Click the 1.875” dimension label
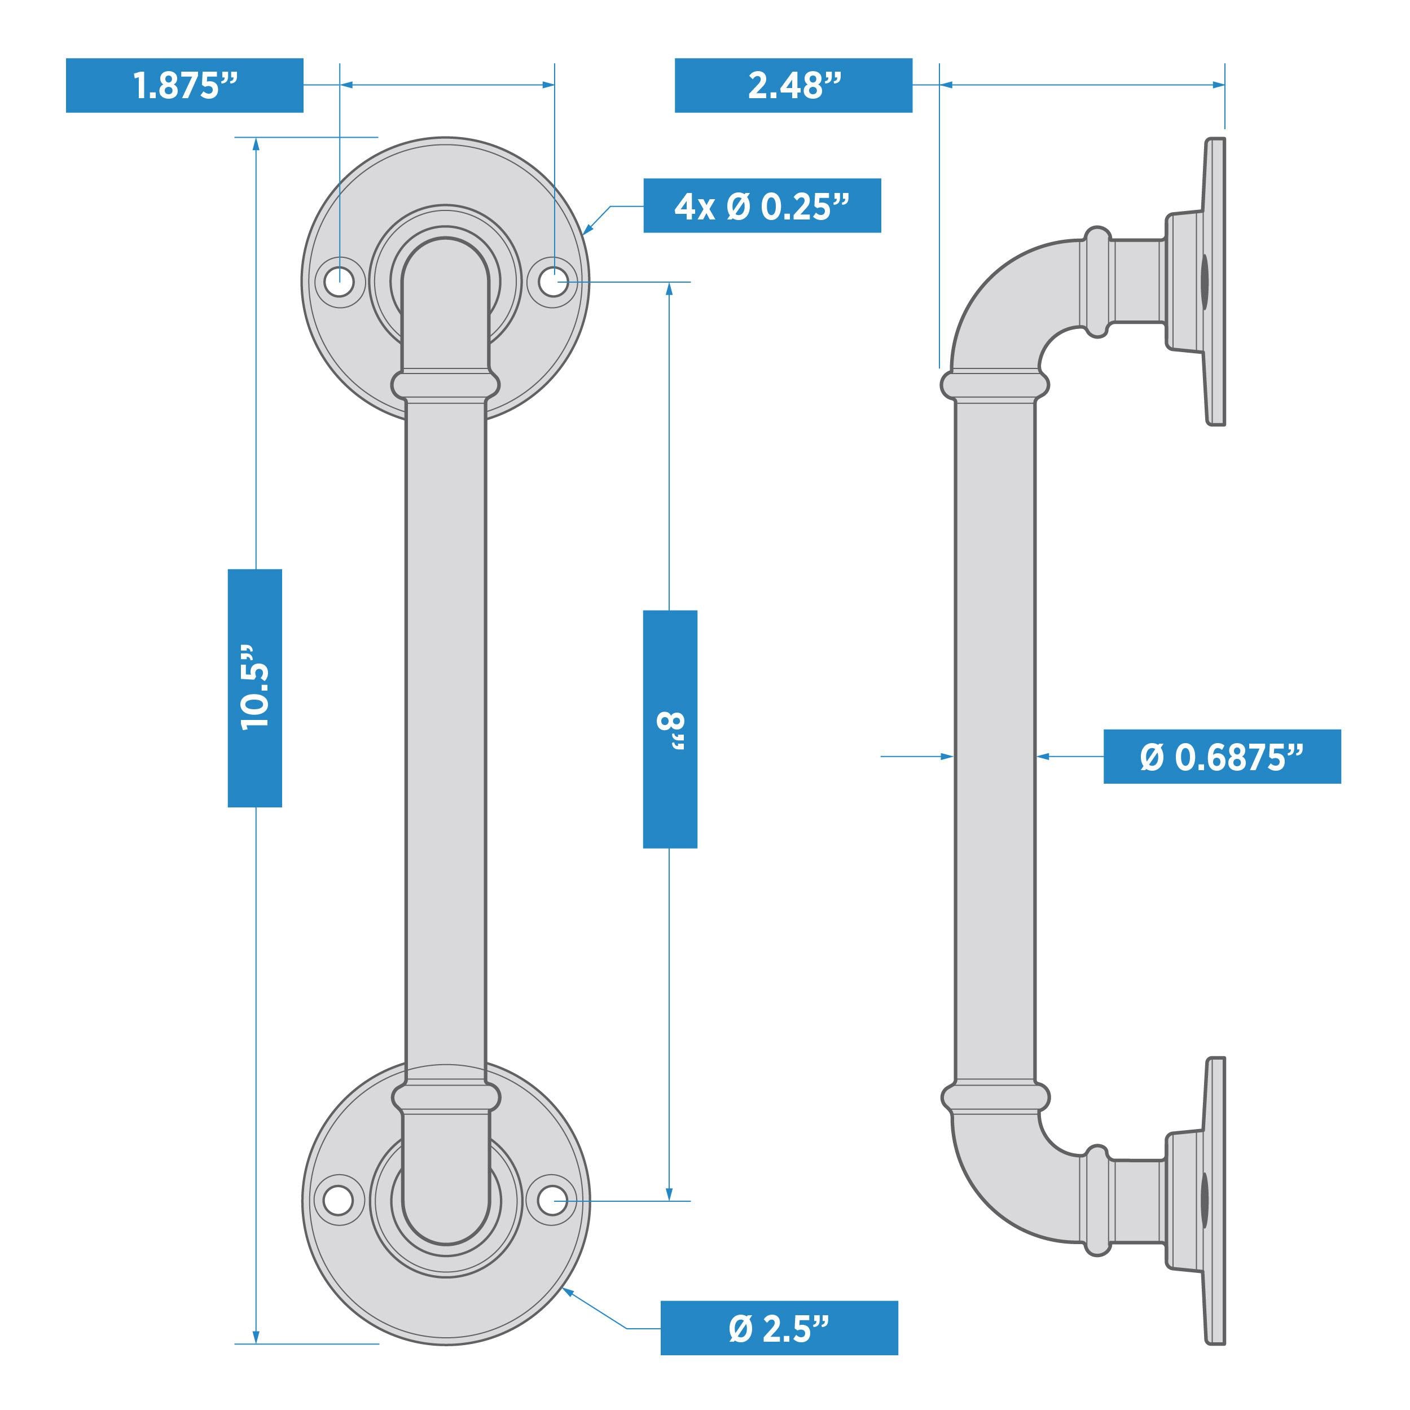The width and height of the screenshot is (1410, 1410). tap(184, 85)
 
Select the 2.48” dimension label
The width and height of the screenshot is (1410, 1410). tap(793, 85)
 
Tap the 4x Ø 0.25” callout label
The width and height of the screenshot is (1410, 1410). tap(762, 206)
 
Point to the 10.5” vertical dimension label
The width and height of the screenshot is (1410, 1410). tap(254, 688)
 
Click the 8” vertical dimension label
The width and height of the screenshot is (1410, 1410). tap(670, 729)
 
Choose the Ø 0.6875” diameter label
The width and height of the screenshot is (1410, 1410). tap(1222, 757)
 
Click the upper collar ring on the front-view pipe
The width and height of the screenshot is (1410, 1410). tap(445, 385)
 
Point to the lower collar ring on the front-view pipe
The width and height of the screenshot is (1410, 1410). tap(446, 1097)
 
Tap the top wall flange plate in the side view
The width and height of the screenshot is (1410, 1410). tap(1214, 281)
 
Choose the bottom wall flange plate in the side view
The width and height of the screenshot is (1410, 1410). tap(1214, 1201)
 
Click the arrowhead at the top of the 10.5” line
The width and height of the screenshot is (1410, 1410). tap(256, 144)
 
